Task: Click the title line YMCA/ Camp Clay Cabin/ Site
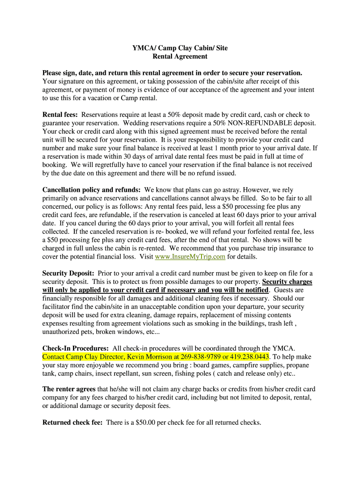coord(180,48)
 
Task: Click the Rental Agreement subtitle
coord(180,56)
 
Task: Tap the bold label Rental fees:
coord(60,115)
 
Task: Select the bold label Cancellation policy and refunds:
coord(92,190)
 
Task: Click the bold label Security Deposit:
coord(68,273)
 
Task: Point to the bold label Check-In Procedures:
coord(76,348)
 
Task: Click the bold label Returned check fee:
coord(72,422)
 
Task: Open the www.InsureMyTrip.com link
coord(190,257)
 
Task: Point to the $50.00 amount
coord(147,422)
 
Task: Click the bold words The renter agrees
coord(69,389)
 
